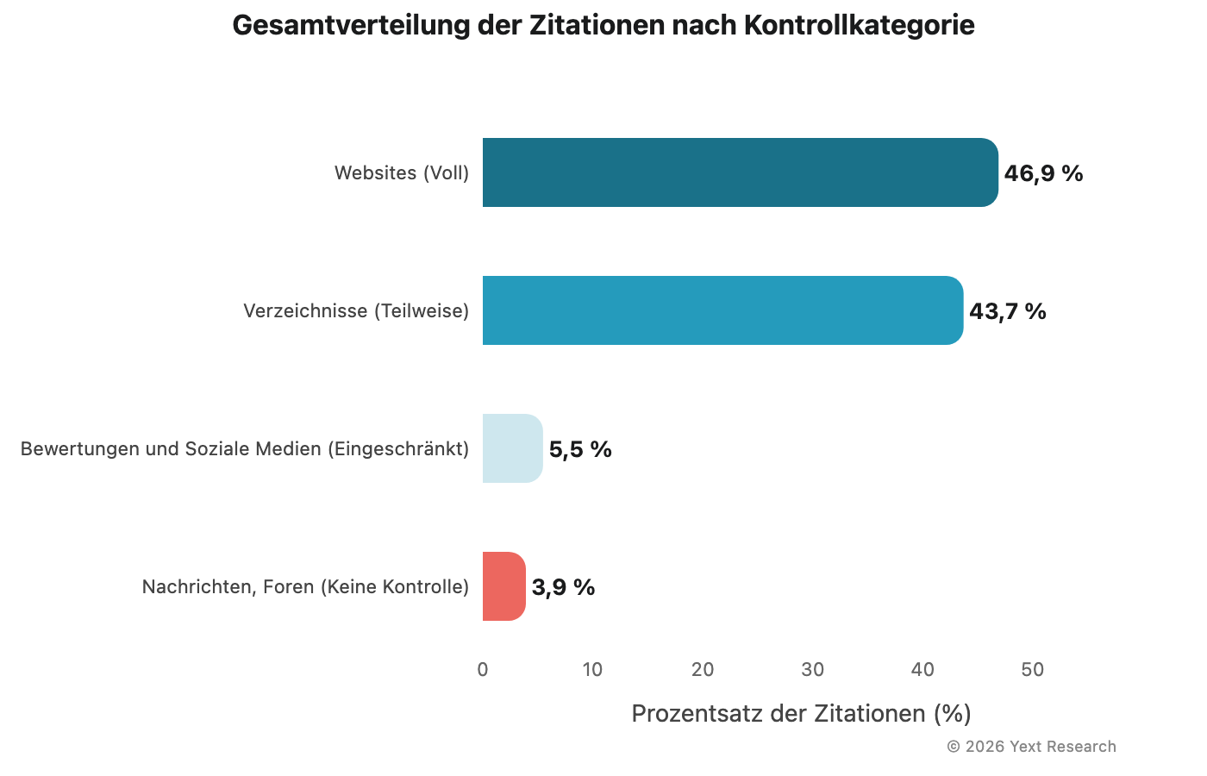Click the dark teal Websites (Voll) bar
click(740, 172)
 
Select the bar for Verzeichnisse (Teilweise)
click(722, 310)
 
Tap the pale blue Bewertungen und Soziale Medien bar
click(512, 448)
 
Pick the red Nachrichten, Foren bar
click(503, 586)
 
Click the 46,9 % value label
click(1043, 173)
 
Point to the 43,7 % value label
click(1007, 311)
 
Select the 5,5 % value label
click(580, 449)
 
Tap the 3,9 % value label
click(563, 587)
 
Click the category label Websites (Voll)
click(402, 172)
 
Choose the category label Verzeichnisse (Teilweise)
click(356, 310)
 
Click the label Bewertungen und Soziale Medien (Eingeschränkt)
click(245, 448)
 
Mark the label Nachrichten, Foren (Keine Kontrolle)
click(305, 586)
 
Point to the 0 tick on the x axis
click(483, 669)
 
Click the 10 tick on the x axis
click(592, 669)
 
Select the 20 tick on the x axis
click(703, 669)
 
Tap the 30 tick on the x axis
click(813, 669)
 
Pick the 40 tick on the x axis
click(922, 669)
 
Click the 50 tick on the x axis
click(1033, 669)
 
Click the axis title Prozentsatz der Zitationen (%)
click(801, 713)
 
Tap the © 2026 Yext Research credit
click(1031, 747)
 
